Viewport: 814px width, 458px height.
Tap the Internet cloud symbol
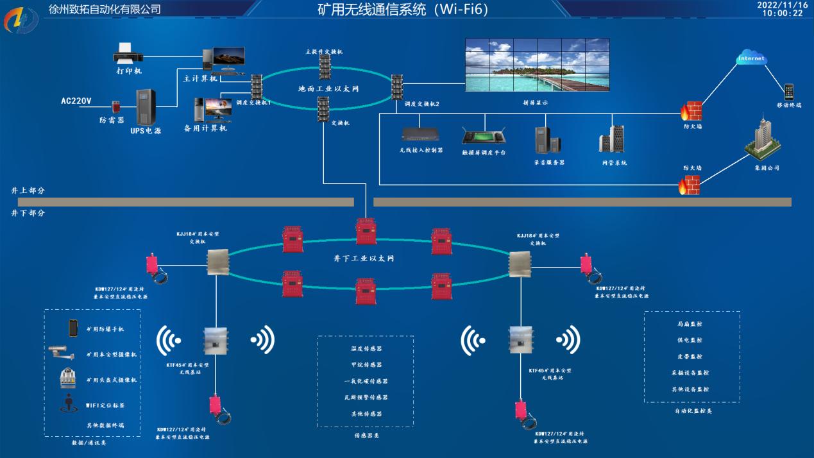[x=751, y=58]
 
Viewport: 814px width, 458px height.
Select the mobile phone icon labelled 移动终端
[x=788, y=92]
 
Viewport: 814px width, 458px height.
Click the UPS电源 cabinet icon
[x=146, y=107]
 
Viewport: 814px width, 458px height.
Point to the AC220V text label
[x=76, y=101]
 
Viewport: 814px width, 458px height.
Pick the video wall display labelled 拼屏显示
[x=536, y=65]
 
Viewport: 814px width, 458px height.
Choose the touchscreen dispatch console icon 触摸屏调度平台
[x=484, y=136]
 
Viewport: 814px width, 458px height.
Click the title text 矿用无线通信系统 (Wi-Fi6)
[x=403, y=10]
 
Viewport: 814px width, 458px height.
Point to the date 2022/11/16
[x=782, y=4]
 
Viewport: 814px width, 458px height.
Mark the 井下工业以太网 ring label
[x=363, y=259]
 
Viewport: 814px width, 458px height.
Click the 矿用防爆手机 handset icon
[x=73, y=328]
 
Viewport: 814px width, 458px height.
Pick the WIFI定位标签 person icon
[x=69, y=405]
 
